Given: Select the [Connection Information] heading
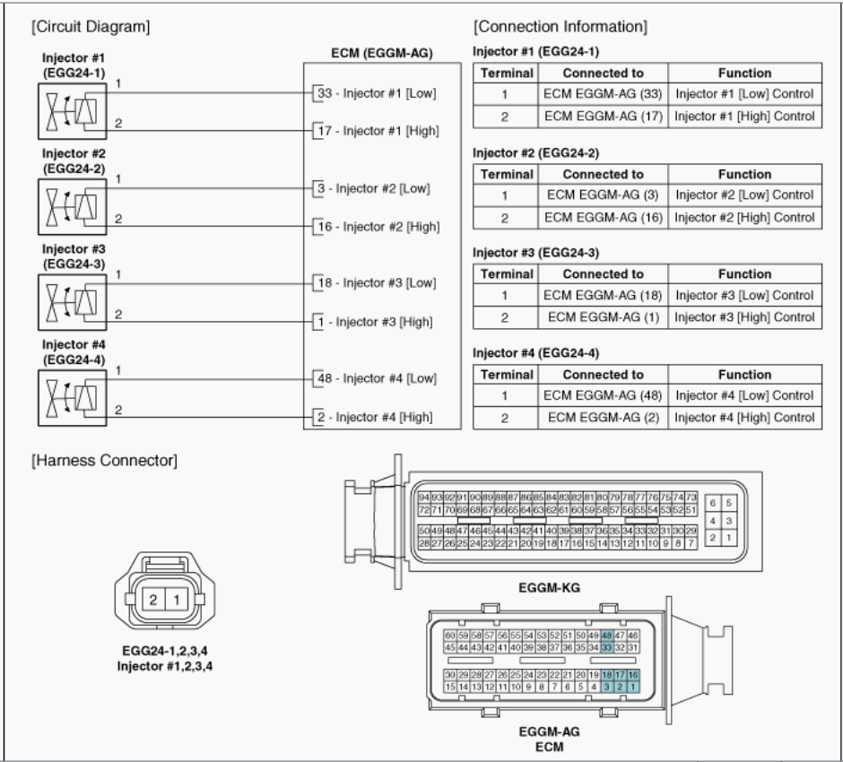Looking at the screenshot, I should pos(561,27).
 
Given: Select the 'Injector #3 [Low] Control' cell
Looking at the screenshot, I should pos(743,295).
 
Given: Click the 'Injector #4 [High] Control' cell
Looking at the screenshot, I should pos(743,417).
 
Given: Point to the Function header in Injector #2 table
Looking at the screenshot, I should pos(743,174).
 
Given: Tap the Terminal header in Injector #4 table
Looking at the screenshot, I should pos(508,375).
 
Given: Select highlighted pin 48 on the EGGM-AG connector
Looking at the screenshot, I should pos(607,635).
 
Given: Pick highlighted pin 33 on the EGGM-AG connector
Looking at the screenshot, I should pos(607,646).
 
